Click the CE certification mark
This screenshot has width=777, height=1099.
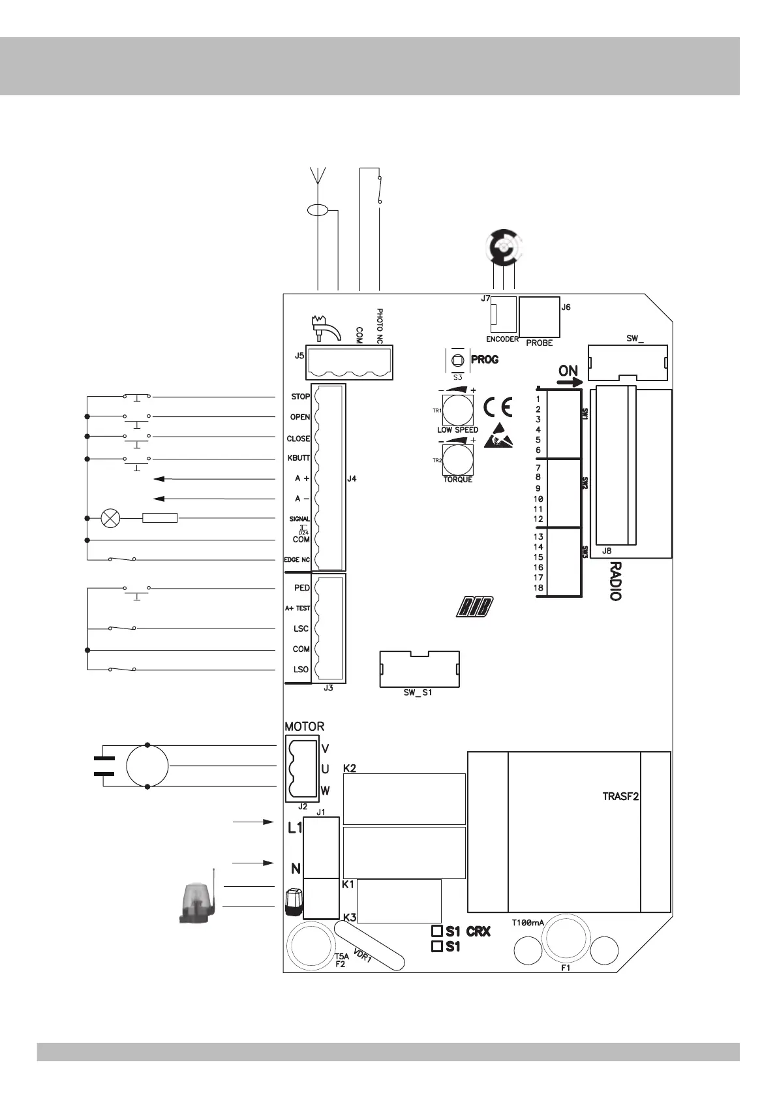[x=498, y=407]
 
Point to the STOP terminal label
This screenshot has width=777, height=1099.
[x=300, y=397]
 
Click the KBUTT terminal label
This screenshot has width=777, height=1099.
[x=299, y=458]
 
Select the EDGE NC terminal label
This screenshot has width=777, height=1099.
[x=297, y=560]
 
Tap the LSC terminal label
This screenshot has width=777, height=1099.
[x=301, y=628]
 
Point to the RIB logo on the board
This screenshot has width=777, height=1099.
[x=475, y=606]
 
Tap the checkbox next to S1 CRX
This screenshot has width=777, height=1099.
[x=437, y=931]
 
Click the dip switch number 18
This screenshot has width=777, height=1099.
[x=538, y=588]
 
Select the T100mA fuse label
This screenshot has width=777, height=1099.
[x=528, y=923]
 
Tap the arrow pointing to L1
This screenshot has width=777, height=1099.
[x=253, y=822]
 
